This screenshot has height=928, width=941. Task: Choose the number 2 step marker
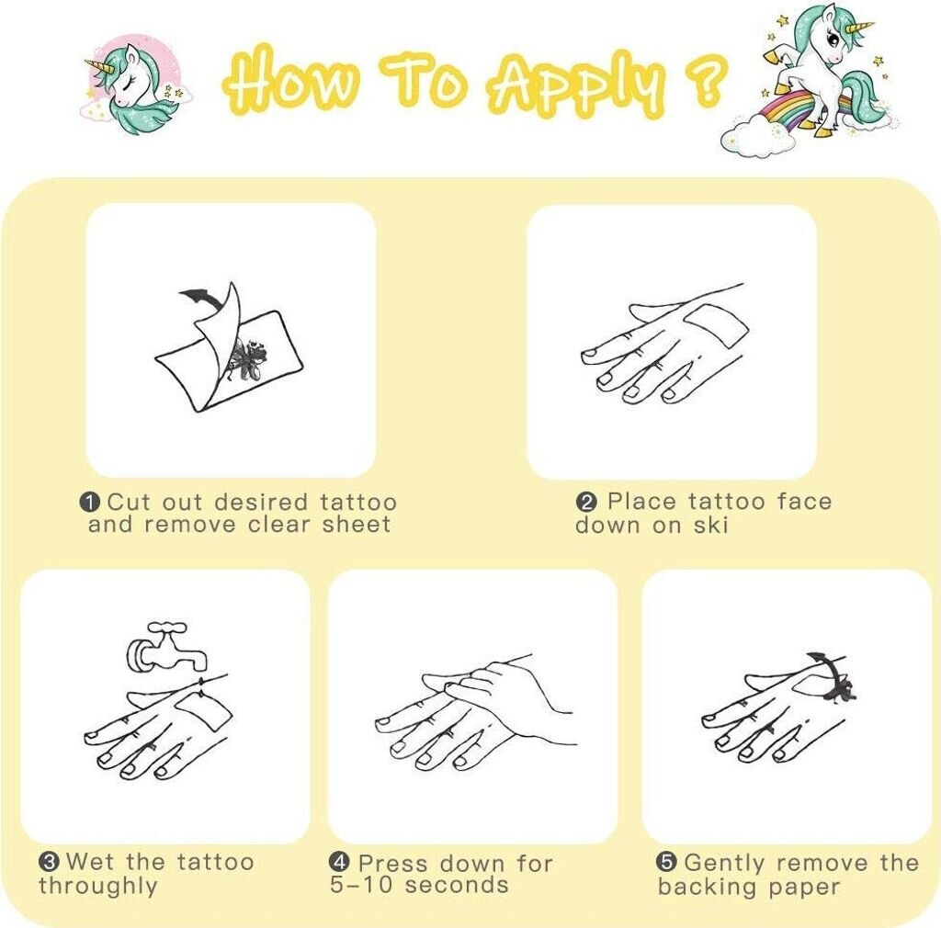point(585,502)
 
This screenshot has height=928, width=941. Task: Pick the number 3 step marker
point(49,862)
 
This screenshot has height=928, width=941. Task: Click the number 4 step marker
point(339,863)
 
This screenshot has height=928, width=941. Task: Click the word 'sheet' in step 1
point(357,525)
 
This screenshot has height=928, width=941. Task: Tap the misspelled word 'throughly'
point(97,886)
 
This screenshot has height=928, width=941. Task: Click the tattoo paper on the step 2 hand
point(717,325)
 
